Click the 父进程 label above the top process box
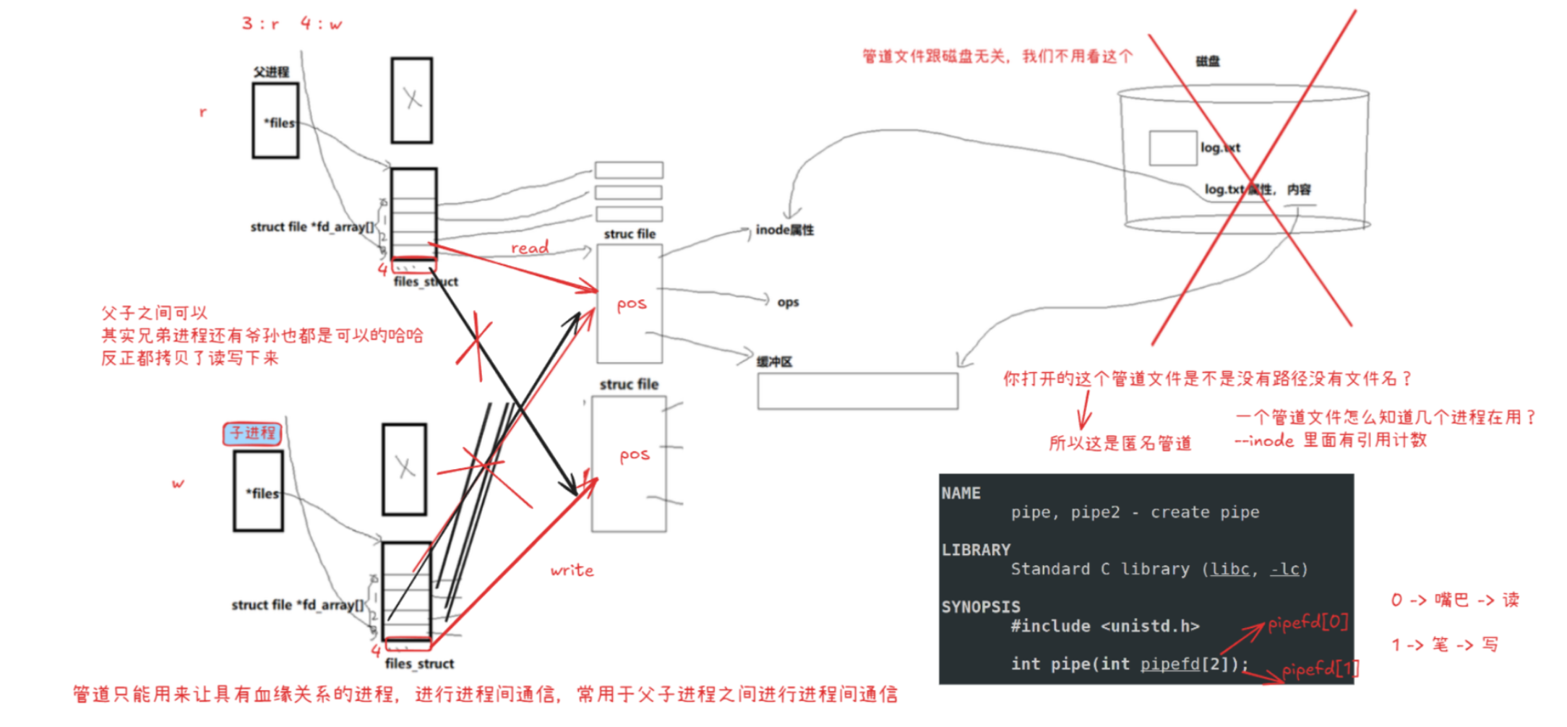(x=271, y=72)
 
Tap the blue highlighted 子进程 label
(x=252, y=433)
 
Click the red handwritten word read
(x=530, y=248)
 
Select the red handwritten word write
(x=572, y=571)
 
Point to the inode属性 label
(x=784, y=230)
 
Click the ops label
(x=788, y=302)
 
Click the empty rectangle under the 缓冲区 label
(x=857, y=391)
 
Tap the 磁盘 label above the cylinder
(x=1207, y=61)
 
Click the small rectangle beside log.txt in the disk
(x=1172, y=148)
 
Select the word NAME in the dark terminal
(x=961, y=494)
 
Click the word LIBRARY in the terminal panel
(x=976, y=550)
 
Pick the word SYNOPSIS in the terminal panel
(x=981, y=607)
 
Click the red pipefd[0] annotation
(x=1308, y=622)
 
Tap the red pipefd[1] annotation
(x=1320, y=669)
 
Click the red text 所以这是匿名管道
(x=1120, y=443)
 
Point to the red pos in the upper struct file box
(x=631, y=304)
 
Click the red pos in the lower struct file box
(x=634, y=455)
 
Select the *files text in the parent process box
(x=279, y=123)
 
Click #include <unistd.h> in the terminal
(x=1105, y=626)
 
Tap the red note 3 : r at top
(x=260, y=24)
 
